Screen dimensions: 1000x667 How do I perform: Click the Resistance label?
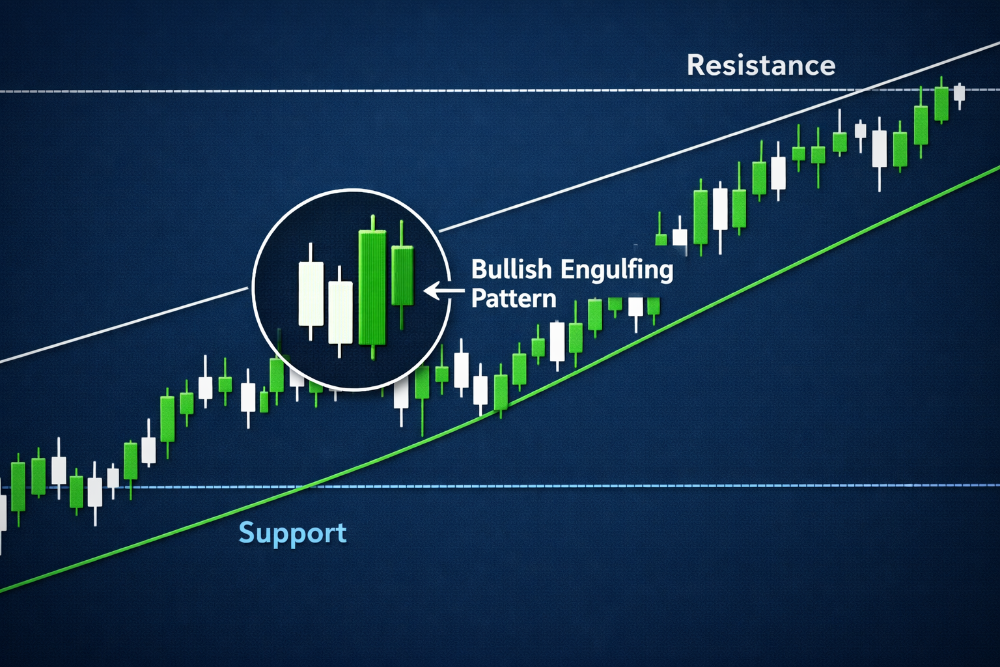[760, 65]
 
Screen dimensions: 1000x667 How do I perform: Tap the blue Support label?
[292, 533]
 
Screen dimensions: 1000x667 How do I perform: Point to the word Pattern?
[514, 298]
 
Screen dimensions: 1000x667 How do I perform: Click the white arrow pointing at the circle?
[444, 291]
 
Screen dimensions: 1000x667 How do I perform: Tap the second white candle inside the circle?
[340, 312]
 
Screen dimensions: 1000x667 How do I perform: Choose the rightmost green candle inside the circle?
[402, 275]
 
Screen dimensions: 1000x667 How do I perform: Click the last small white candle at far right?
[959, 94]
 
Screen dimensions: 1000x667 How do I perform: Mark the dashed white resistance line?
[500, 91]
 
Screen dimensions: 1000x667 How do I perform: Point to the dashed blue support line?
[500, 486]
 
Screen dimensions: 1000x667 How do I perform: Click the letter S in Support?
[247, 532]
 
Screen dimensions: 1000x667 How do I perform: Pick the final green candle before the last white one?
[941, 104]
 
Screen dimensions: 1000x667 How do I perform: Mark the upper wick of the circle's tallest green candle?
[373, 223]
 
